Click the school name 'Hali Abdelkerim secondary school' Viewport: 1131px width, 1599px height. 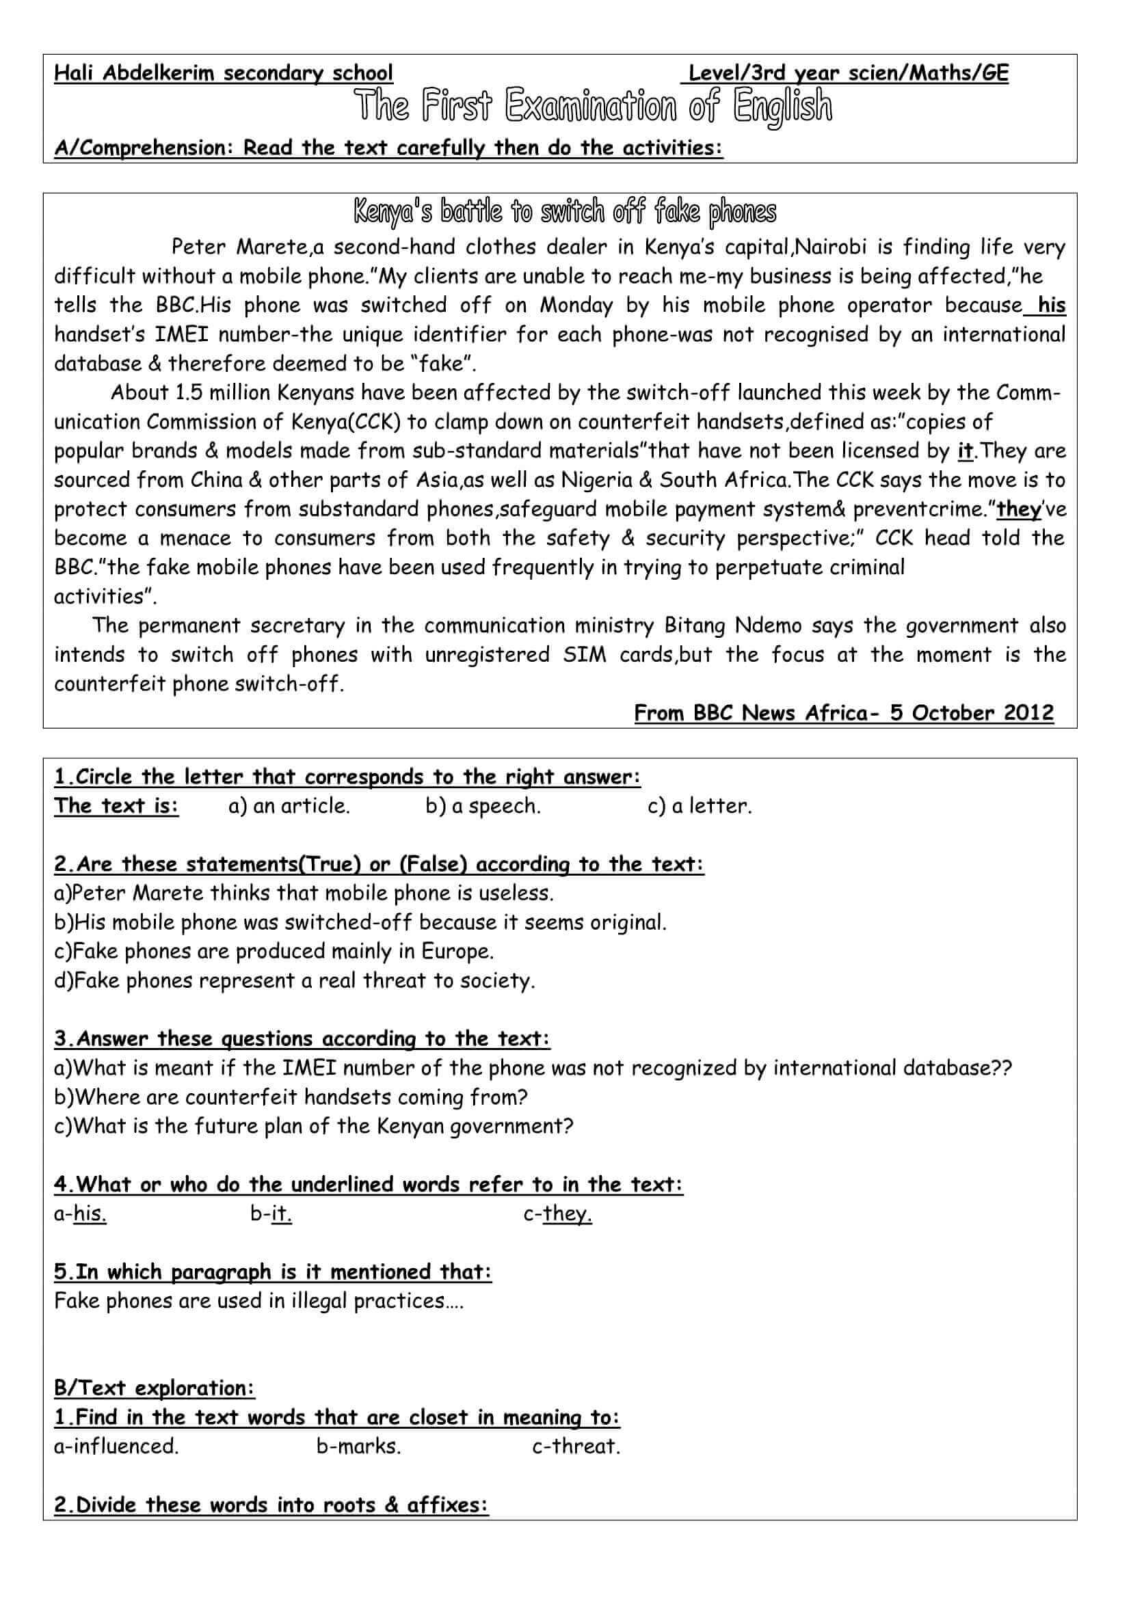pos(224,73)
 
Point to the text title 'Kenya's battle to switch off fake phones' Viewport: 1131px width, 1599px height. pos(565,213)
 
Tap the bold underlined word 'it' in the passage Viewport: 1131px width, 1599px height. pos(966,451)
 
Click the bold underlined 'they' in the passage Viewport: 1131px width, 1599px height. pos(1019,510)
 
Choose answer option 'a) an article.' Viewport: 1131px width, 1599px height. pos(289,807)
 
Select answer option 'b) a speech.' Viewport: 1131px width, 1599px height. pos(483,807)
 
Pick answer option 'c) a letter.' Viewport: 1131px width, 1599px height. pos(700,807)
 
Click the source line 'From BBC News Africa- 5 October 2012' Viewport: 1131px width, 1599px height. pos(844,713)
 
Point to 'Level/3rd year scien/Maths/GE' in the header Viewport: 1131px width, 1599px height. pos(848,73)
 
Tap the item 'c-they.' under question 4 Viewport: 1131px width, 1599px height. pos(558,1214)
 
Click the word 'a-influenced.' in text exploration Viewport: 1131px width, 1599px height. pos(116,1447)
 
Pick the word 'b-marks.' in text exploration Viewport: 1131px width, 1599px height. pos(359,1447)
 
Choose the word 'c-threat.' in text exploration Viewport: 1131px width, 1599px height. pos(576,1447)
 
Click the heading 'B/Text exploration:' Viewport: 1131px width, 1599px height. pos(155,1388)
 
